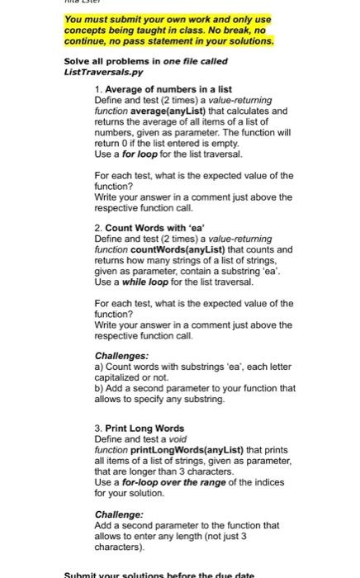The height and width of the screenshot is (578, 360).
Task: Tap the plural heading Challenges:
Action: pos(121,356)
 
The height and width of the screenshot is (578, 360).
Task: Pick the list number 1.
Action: pos(97,88)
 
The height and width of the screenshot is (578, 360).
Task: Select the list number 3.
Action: pos(97,429)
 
